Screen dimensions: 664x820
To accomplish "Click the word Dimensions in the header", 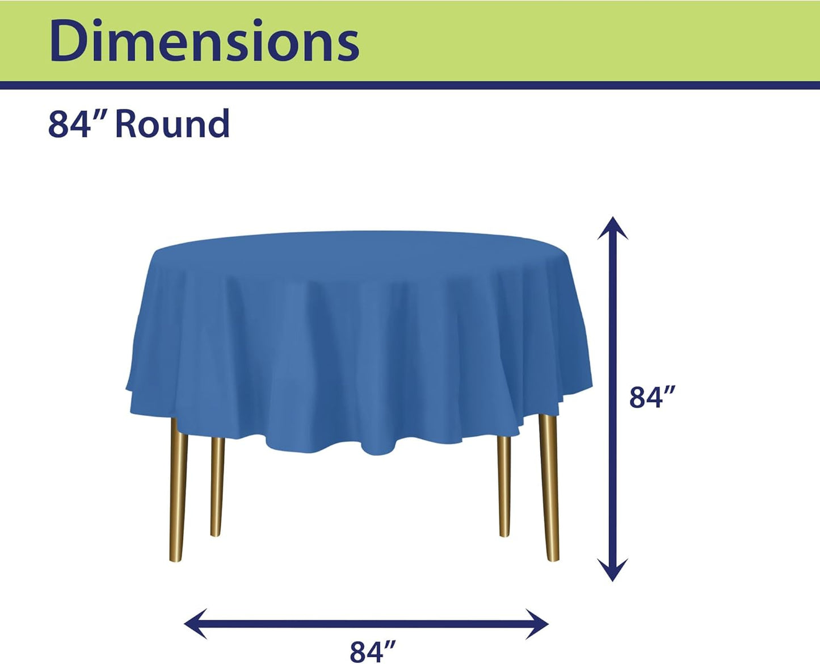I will (204, 41).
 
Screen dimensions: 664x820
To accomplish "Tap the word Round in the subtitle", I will (172, 124).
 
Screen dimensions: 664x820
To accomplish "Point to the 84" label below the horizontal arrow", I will (373, 651).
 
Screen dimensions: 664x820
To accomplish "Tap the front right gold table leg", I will (549, 488).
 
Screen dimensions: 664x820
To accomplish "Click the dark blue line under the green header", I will (410, 85).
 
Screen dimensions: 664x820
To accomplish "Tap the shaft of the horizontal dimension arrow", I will (367, 624).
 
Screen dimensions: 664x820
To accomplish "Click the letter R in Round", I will (128, 124).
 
